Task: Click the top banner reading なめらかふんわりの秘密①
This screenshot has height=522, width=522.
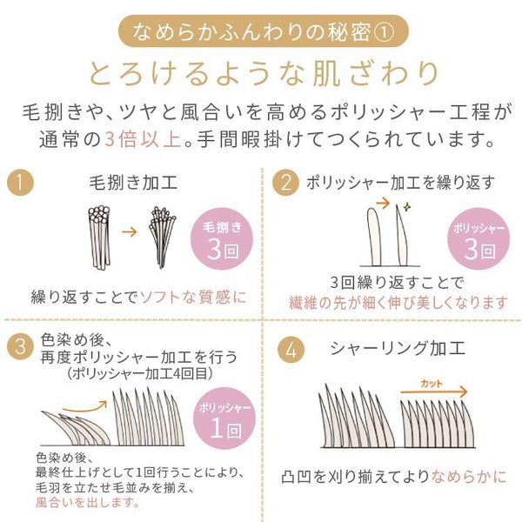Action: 261,32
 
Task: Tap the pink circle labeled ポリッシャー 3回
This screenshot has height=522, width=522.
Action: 475,239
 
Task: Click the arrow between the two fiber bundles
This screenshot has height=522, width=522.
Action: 129,232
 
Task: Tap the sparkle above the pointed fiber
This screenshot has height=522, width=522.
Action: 405,207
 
